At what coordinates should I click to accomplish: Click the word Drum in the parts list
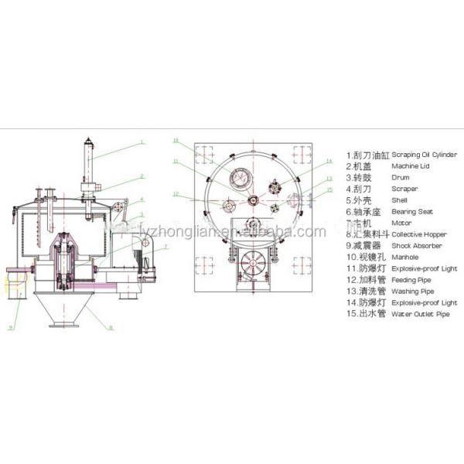(402, 176)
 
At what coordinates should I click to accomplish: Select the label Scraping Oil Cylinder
(425, 154)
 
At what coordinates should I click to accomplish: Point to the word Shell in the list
(401, 200)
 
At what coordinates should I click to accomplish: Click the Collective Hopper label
(418, 233)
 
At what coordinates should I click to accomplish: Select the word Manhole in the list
(406, 256)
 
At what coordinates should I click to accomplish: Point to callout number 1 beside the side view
(142, 142)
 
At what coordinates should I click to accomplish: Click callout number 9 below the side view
(12, 327)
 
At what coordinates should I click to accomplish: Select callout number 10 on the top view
(176, 141)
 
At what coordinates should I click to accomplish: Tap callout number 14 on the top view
(328, 161)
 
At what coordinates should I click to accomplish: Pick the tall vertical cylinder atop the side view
(90, 162)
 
